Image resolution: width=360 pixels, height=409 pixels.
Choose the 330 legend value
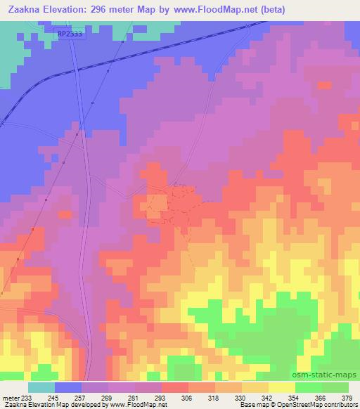240,398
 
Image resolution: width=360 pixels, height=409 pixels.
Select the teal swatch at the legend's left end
41,387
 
